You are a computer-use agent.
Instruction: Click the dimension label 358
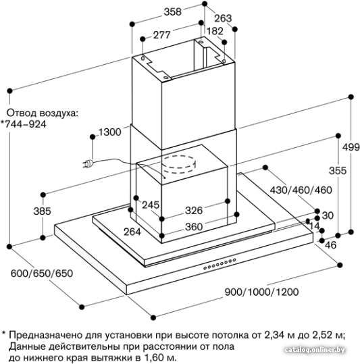click(x=172, y=12)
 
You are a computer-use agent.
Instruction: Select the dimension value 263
click(x=223, y=18)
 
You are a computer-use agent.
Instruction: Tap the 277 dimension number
click(x=162, y=35)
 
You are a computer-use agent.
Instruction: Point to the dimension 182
click(x=215, y=31)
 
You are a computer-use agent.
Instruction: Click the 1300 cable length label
click(x=110, y=132)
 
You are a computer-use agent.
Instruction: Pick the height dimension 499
click(x=351, y=147)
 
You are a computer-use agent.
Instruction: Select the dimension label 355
click(x=338, y=171)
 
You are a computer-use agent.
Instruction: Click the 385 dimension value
click(x=43, y=211)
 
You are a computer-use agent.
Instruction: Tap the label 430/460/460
click(x=301, y=190)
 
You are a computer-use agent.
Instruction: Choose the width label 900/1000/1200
click(x=261, y=292)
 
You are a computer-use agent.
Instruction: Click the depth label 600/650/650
click(x=42, y=274)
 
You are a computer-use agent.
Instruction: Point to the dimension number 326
click(x=194, y=211)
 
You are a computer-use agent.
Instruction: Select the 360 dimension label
click(x=194, y=227)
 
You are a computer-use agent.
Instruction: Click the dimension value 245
click(x=151, y=205)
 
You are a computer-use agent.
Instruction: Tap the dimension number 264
click(x=132, y=232)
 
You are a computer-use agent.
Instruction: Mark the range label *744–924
click(x=23, y=124)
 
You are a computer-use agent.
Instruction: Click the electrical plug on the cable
click(x=88, y=164)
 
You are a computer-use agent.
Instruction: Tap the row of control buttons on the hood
click(x=220, y=264)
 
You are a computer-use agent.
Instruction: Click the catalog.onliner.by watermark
click(x=315, y=350)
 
